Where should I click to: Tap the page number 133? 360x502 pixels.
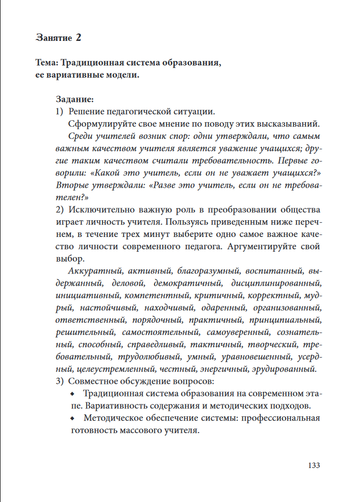coord(314,465)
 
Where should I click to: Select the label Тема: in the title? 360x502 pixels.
coord(48,64)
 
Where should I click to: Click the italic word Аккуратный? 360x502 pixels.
coord(95,271)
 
